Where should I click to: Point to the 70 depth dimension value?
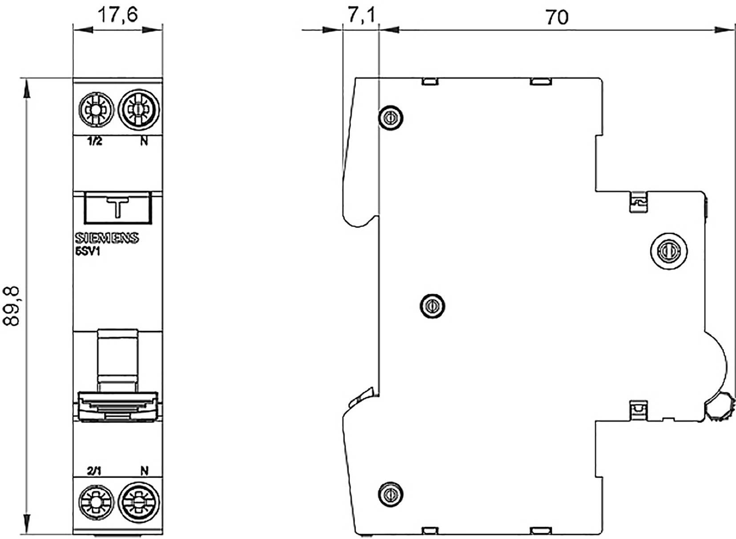pyautogui.click(x=557, y=17)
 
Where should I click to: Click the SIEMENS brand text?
pyautogui.click(x=106, y=239)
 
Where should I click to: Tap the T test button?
pyautogui.click(x=117, y=208)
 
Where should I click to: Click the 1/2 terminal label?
pyautogui.click(x=95, y=142)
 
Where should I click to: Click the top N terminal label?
pyautogui.click(x=144, y=142)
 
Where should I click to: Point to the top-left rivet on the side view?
pyautogui.click(x=391, y=118)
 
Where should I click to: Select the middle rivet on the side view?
pyautogui.click(x=433, y=306)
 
